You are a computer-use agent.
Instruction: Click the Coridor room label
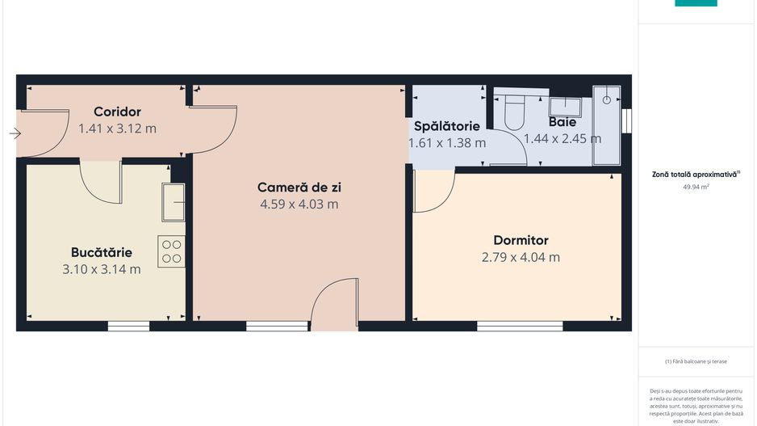[x=117, y=112]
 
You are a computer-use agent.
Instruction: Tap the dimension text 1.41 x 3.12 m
[x=117, y=128]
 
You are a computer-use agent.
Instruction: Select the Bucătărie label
[x=101, y=252]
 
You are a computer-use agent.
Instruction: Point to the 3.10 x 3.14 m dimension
[x=101, y=269]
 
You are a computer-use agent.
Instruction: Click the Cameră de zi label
[x=299, y=188]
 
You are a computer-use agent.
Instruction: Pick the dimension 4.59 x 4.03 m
[x=299, y=205]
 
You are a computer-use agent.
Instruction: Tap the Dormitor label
[x=521, y=240]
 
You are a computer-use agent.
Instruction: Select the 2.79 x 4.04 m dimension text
[x=521, y=257]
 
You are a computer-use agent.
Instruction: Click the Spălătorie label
[x=447, y=126]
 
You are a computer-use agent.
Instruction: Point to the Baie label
[x=563, y=122]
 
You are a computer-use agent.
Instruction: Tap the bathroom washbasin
[x=567, y=106]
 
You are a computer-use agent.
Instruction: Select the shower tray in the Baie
[x=607, y=125]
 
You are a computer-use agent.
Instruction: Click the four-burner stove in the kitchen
[x=171, y=251]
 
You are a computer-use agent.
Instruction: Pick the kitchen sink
[x=173, y=201]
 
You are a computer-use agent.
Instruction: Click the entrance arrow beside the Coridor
[x=15, y=133]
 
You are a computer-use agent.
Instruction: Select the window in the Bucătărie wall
[x=128, y=327]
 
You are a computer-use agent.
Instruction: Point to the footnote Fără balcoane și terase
[x=696, y=361]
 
